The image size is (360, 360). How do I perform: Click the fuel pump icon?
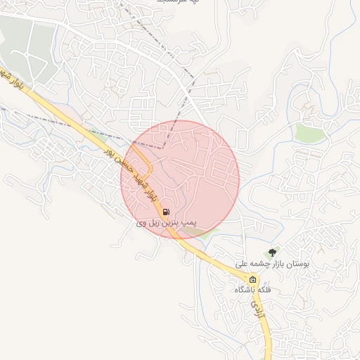pos(165,212)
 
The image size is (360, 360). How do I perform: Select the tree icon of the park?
pos(272,252)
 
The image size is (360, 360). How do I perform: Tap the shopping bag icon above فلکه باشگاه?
pos(252,279)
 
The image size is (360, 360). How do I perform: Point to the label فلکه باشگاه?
pos(252,290)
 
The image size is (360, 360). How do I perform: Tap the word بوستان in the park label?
pos(297,264)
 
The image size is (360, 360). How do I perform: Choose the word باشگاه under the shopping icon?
pos(247,290)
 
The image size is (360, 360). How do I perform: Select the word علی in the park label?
pos(242,264)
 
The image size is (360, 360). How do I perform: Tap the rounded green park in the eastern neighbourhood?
pos(310,133)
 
